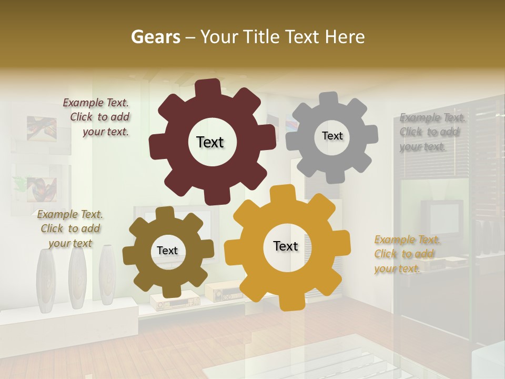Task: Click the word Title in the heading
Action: pyautogui.click(x=264, y=37)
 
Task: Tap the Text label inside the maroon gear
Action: pyautogui.click(x=210, y=142)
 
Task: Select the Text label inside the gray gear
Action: pyautogui.click(x=332, y=136)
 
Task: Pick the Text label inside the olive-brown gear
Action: pyautogui.click(x=167, y=251)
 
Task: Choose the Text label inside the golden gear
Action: pyautogui.click(x=286, y=246)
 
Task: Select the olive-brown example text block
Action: pyautogui.click(x=70, y=228)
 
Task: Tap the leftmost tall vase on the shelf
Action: pyautogui.click(x=46, y=282)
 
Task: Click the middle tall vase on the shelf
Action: pyautogui.click(x=77, y=278)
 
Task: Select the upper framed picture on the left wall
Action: pyautogui.click(x=42, y=129)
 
